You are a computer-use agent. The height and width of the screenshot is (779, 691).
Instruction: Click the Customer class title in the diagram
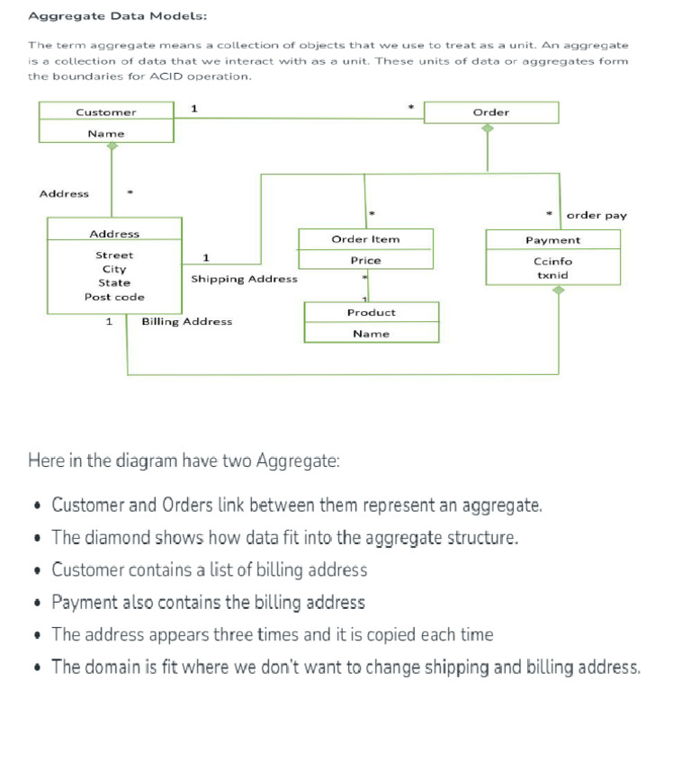[x=106, y=112]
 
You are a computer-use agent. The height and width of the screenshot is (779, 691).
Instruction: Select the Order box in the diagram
[x=490, y=112]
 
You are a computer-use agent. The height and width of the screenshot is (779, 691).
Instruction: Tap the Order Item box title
[x=365, y=239]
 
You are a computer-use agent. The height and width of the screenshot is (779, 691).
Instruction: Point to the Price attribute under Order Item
[x=365, y=260]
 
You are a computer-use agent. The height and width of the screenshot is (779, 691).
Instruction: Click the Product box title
[x=371, y=312]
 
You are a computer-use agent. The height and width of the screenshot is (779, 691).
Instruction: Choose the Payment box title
[x=552, y=240]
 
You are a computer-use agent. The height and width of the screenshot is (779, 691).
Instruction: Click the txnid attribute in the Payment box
[x=552, y=274]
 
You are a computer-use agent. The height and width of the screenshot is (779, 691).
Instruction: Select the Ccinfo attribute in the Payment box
[x=552, y=261]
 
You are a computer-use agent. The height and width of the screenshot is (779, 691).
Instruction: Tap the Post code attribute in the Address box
[x=114, y=297]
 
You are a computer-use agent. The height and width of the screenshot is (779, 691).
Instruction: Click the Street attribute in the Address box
[x=114, y=255]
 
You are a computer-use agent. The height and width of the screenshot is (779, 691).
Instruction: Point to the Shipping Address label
[x=244, y=279]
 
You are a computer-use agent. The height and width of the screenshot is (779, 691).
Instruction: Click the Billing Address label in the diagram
[x=186, y=321]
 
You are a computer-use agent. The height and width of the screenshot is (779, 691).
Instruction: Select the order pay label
[x=597, y=215]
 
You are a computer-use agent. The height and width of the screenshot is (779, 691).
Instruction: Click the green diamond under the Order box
[x=488, y=129]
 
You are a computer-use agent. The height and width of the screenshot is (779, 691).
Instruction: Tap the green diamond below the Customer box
[x=112, y=146]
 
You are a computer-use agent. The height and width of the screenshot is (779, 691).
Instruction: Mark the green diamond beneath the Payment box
[x=559, y=290]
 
